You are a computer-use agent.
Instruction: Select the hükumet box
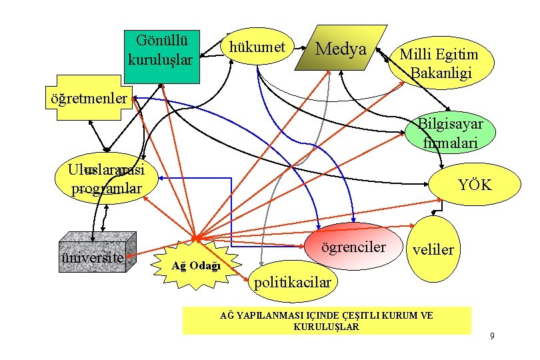point(257,47)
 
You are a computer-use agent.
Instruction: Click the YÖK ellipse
point(474,185)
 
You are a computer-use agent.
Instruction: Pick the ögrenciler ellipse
point(353,247)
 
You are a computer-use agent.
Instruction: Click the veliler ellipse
point(433,249)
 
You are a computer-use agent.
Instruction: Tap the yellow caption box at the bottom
point(327,320)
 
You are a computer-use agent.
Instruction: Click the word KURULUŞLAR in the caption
point(326,327)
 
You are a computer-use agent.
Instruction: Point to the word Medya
point(341,48)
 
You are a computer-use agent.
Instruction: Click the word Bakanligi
point(441,72)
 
